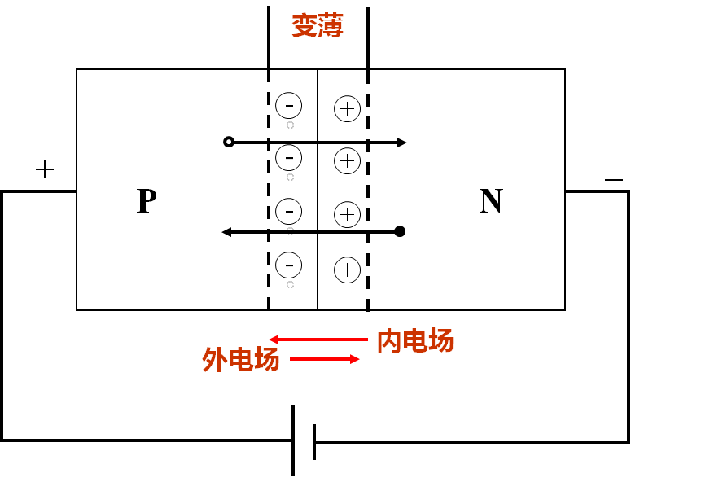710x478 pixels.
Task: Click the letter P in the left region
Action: [x=146, y=200]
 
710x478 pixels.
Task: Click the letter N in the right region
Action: [x=490, y=201]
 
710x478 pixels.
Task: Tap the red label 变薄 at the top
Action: [x=318, y=26]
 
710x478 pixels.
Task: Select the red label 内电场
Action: [x=415, y=341]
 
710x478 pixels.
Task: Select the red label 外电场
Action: [x=241, y=359]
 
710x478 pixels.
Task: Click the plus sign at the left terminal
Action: [x=45, y=169]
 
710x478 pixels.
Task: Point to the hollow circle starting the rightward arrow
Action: [x=229, y=142]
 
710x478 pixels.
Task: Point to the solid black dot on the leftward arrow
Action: [x=400, y=231]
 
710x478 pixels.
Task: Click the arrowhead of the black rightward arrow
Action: [x=401, y=143]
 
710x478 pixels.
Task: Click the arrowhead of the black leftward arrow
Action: [x=227, y=232]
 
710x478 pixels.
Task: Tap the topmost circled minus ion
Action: [x=289, y=105]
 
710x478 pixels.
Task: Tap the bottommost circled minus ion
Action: [x=289, y=265]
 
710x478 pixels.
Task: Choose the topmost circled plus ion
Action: [x=348, y=109]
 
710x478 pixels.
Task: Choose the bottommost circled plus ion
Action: [x=348, y=270]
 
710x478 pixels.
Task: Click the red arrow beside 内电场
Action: [x=318, y=340]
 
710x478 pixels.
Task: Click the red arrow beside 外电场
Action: [x=324, y=358]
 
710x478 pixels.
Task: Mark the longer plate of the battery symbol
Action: [x=293, y=441]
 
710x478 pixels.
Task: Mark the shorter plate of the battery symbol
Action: [x=313, y=441]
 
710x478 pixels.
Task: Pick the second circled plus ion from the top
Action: [x=348, y=160]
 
